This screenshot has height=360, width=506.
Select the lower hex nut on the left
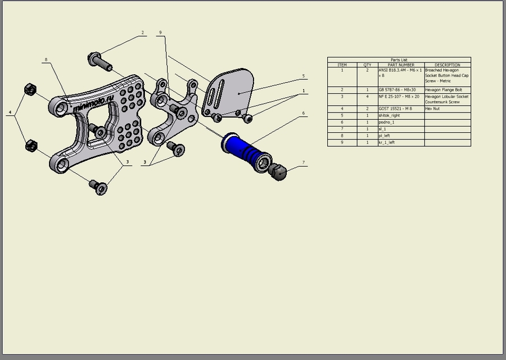[31, 146]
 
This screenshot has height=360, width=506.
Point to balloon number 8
[46, 59]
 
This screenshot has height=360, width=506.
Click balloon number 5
[303, 75]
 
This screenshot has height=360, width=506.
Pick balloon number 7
[304, 163]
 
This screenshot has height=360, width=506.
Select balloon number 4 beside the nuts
[10, 113]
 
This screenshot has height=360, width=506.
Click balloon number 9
[160, 33]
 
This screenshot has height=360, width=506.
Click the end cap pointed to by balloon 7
[278, 172]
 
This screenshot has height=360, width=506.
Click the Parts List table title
[399, 60]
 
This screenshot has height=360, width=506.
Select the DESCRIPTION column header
[447, 65]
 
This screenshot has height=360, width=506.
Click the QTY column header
[367, 65]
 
